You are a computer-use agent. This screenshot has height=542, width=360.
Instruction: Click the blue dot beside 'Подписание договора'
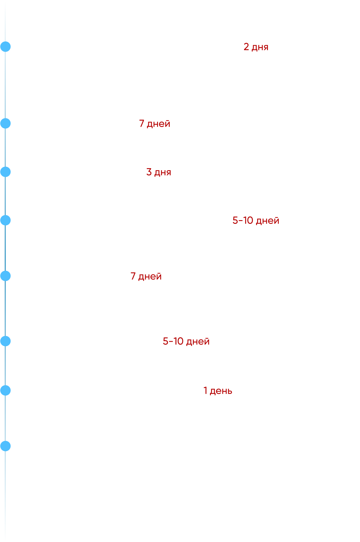[5, 47]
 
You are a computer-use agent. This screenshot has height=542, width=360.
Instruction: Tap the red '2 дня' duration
[256, 47]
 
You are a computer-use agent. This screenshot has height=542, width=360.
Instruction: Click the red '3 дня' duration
[159, 172]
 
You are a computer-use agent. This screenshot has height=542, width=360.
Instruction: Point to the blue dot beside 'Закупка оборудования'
[5, 172]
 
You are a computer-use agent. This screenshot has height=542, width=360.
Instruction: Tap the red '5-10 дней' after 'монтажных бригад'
[256, 220]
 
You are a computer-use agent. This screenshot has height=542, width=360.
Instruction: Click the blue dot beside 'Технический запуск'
[5, 276]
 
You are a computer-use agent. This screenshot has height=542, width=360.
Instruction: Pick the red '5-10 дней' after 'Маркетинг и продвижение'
[186, 341]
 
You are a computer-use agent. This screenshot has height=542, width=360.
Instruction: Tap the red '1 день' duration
[218, 391]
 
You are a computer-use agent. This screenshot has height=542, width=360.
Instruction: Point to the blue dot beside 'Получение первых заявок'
[5, 391]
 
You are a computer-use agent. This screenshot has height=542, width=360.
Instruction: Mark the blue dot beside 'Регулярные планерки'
[5, 446]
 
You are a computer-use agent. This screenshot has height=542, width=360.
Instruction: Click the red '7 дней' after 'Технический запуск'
[146, 276]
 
